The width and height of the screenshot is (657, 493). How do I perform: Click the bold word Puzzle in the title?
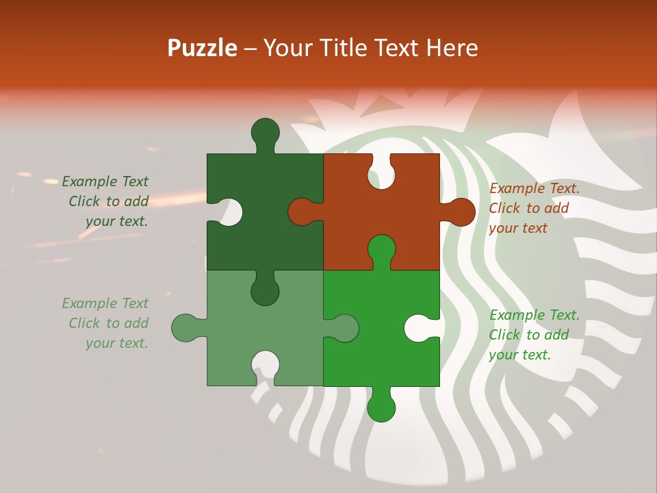tap(203, 48)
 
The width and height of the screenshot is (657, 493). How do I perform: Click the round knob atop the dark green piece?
tap(265, 132)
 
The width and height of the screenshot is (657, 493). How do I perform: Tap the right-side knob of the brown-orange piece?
tap(459, 212)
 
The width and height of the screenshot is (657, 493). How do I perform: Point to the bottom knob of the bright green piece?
tap(381, 407)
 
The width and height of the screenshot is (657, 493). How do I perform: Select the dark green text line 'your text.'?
tap(116, 221)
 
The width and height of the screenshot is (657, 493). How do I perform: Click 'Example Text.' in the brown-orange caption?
tap(534, 188)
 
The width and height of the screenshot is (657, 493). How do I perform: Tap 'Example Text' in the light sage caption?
tap(105, 303)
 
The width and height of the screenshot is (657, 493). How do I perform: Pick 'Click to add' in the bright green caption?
tap(529, 335)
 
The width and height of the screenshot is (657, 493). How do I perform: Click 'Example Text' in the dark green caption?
tap(105, 181)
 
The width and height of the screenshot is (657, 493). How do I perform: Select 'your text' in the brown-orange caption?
tap(518, 228)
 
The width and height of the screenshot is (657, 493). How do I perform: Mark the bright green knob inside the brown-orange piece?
tap(381, 248)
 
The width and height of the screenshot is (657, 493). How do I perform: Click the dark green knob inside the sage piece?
tap(265, 291)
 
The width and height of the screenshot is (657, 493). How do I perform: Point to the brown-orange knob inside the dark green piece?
tap(301, 212)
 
